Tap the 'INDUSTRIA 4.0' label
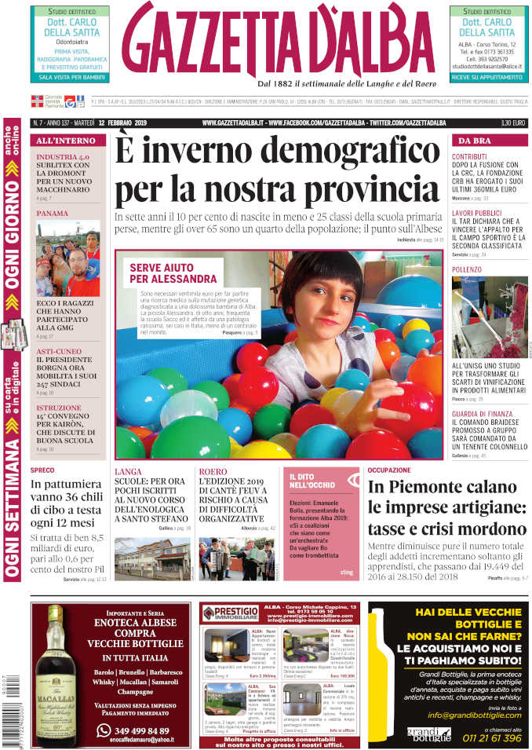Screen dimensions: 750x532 coord(63,157)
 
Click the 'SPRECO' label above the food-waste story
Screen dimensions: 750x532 coord(42,470)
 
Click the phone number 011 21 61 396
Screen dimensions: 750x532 coord(491,737)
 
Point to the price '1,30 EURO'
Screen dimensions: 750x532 coord(513,123)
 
